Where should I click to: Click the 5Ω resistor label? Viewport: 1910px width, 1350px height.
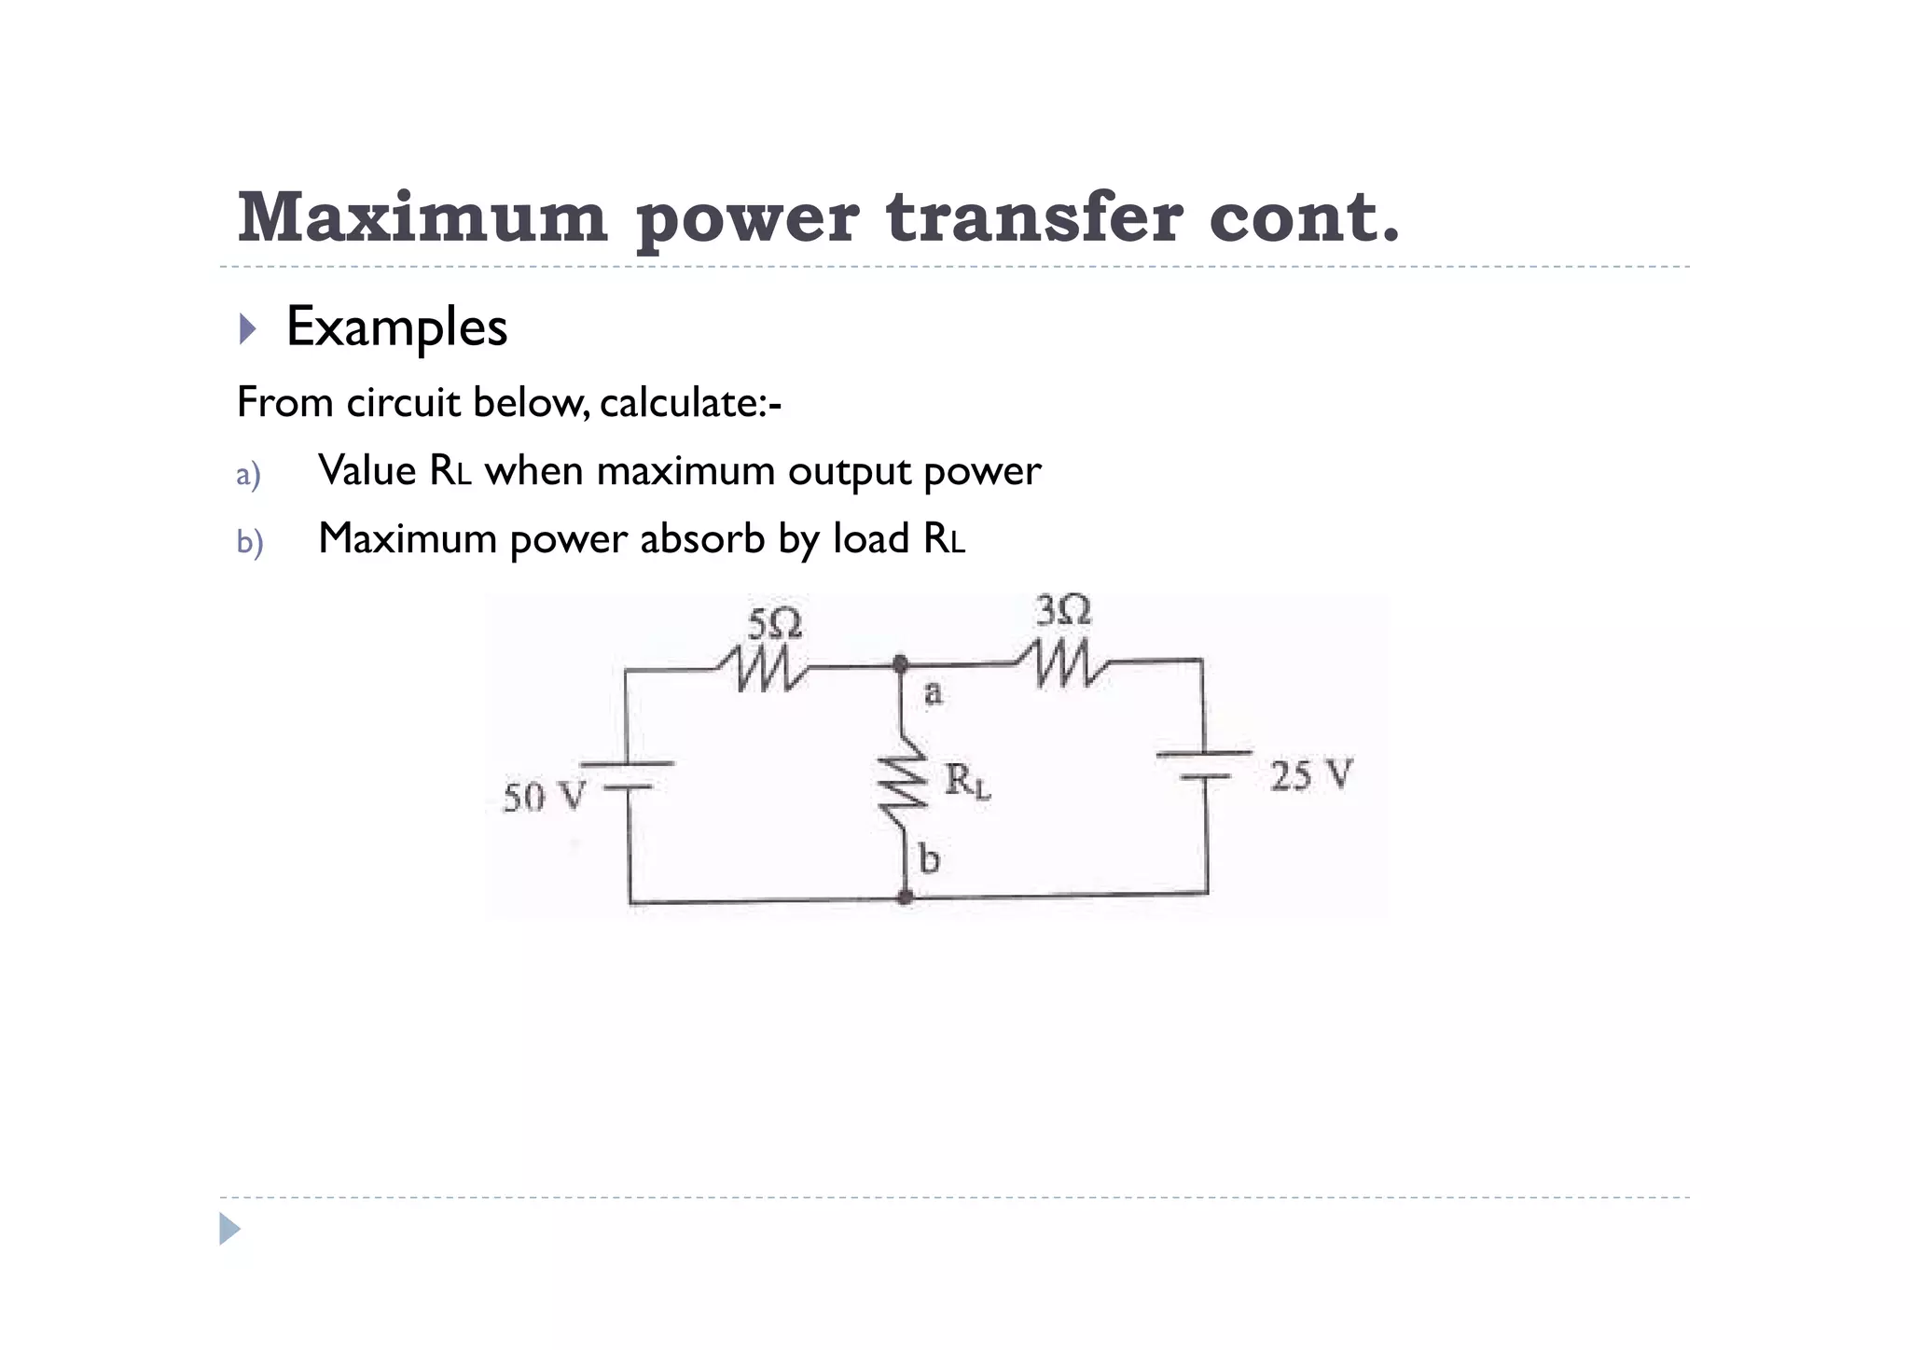click(774, 623)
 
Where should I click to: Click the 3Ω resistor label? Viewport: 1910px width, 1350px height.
click(1063, 610)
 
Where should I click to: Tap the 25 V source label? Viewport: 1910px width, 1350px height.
click(1310, 775)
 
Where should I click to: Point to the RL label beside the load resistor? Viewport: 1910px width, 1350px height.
click(967, 781)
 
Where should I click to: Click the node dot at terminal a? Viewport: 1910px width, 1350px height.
click(900, 664)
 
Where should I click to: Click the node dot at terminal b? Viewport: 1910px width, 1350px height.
click(905, 898)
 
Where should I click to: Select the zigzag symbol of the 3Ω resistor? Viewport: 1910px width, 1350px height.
click(1061, 662)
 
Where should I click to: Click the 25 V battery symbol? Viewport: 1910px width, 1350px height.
click(1204, 764)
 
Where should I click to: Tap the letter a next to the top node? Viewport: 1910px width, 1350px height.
click(933, 693)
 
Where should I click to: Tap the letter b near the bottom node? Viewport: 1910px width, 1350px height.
click(929, 858)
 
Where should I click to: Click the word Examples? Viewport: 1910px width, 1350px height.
click(396, 327)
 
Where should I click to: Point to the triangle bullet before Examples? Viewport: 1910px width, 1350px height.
click(247, 328)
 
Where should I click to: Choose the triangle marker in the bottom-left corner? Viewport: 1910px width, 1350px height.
click(229, 1229)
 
